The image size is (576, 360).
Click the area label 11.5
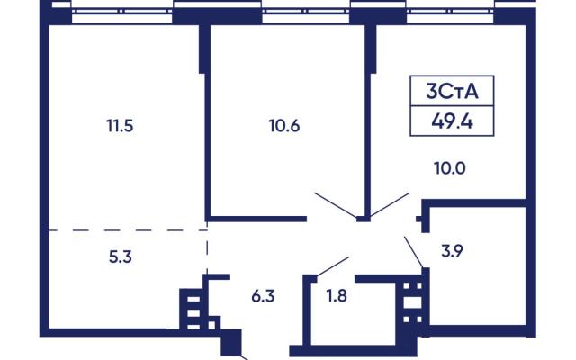coord(120,126)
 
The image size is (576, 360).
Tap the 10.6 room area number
coord(284,126)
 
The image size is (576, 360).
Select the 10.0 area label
coord(450,168)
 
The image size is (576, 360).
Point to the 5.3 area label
coord(120,257)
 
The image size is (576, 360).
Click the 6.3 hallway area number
coord(263,296)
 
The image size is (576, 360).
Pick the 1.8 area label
coord(337,296)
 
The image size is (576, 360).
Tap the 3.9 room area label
coord(452,251)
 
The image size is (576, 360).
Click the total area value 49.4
coord(452,121)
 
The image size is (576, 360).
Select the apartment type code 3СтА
coord(452,92)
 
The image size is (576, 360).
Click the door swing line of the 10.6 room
coord(336,205)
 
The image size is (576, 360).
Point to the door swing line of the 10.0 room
coord(390,204)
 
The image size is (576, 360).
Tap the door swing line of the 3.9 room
coord(414,252)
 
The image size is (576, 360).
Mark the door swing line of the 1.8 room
coord(333,266)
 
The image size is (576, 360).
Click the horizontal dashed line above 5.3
coord(128,230)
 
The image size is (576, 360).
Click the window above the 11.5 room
coord(122,11)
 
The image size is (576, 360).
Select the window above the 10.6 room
coord(306,11)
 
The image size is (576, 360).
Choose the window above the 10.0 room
coord(450,11)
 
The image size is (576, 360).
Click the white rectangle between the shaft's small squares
coord(412,302)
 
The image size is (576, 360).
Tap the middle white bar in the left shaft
coord(193,313)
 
